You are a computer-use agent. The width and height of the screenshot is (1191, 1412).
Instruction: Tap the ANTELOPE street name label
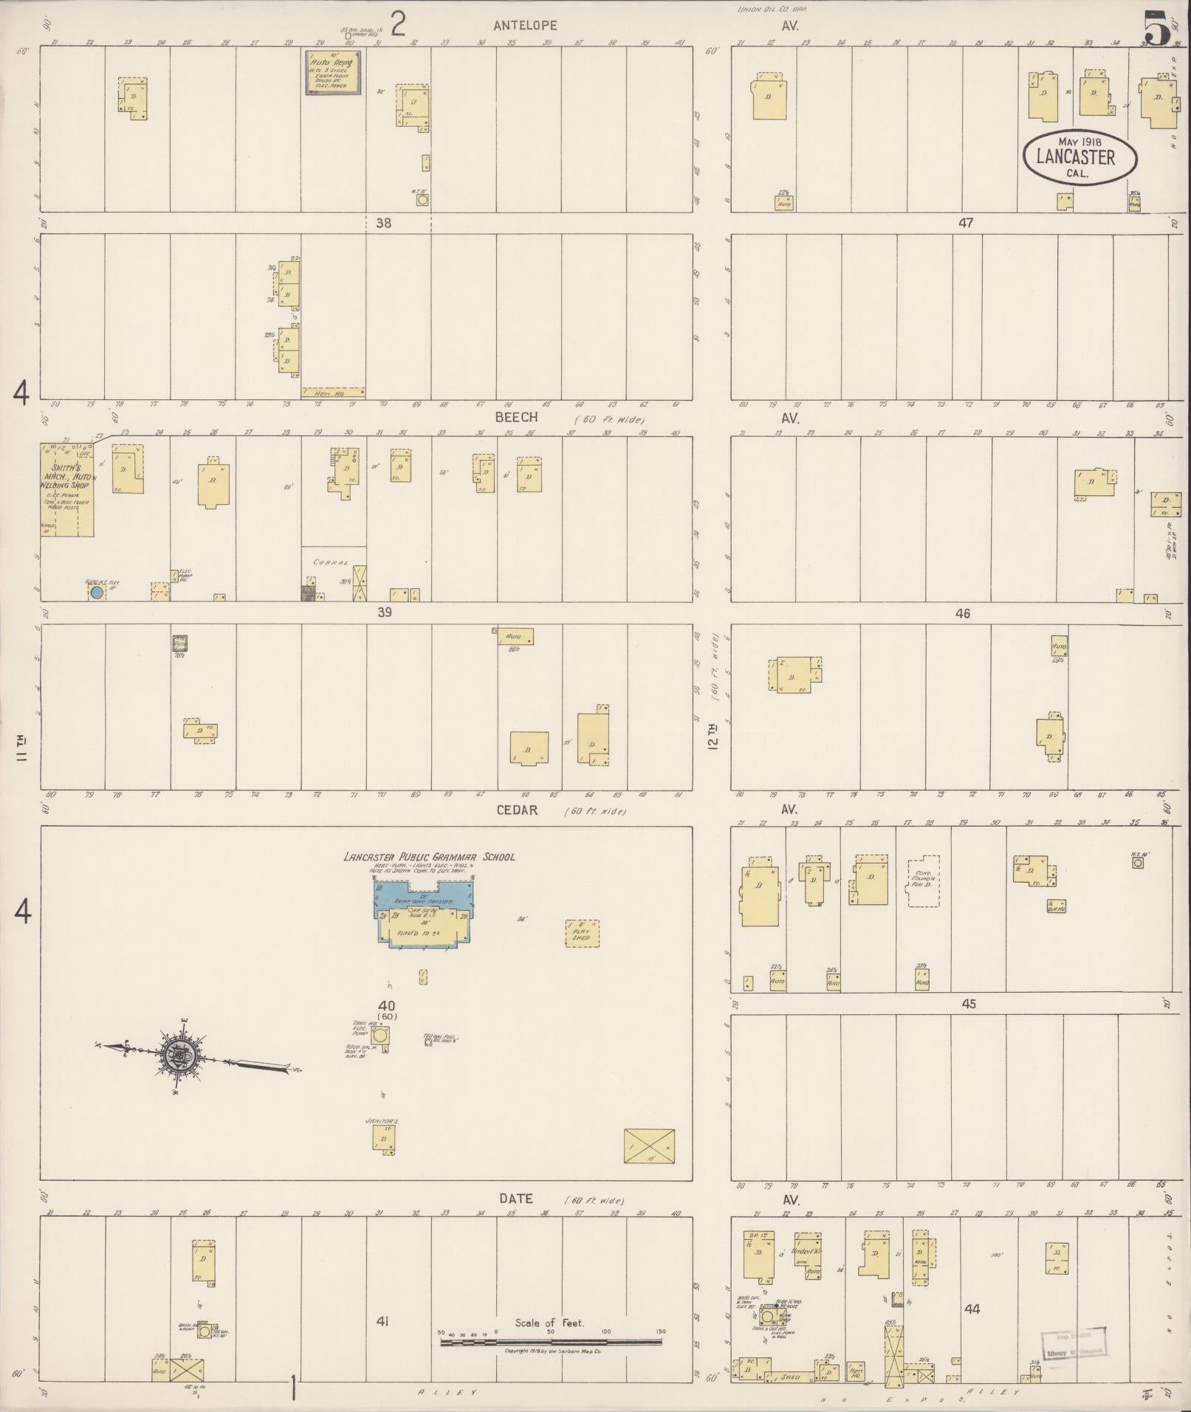click(x=526, y=25)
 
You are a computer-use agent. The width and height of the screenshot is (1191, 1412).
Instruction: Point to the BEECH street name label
click(x=516, y=418)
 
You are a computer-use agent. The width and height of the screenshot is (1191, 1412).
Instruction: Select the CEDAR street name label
click(x=517, y=810)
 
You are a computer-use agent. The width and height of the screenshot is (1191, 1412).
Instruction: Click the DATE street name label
click(x=516, y=1199)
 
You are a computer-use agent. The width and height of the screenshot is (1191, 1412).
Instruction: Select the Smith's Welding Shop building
click(x=66, y=489)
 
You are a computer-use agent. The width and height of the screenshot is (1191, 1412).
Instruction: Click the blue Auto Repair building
click(x=334, y=72)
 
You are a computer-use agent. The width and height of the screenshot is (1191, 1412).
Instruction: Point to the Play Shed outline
click(x=582, y=934)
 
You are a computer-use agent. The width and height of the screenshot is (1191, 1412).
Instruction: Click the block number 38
click(x=383, y=223)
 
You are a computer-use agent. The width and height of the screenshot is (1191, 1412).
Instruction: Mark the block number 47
click(x=966, y=223)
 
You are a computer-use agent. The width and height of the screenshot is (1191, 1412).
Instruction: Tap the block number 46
click(x=962, y=613)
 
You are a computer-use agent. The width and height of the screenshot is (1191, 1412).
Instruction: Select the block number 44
click(x=972, y=1309)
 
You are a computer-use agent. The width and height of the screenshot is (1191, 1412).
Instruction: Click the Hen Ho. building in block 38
click(x=333, y=393)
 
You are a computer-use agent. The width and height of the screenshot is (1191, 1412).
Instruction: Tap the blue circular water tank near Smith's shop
click(x=96, y=592)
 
